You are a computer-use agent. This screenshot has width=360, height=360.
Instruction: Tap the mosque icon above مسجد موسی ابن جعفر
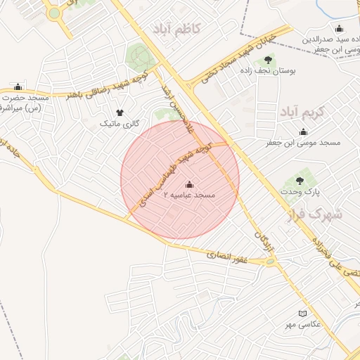coord(304,131)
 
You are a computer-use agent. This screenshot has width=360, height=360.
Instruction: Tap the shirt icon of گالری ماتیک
coord(119,112)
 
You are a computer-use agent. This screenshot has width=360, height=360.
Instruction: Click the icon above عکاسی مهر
coord(303,313)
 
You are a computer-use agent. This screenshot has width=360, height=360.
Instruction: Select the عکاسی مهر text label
coord(303,324)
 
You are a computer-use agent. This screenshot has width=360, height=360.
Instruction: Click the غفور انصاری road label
coord(228,258)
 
